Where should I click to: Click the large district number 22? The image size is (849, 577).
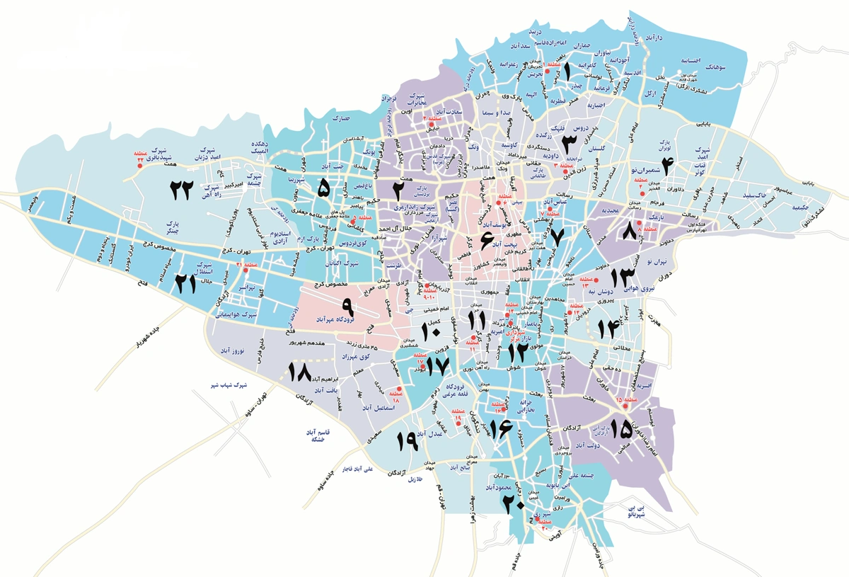(x=181, y=189)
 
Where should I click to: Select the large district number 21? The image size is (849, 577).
(x=185, y=284)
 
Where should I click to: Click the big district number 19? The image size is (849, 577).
(x=408, y=441)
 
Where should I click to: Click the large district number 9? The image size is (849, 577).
(x=347, y=306)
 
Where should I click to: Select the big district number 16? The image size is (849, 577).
(x=500, y=427)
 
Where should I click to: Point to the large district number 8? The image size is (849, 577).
(x=630, y=232)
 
